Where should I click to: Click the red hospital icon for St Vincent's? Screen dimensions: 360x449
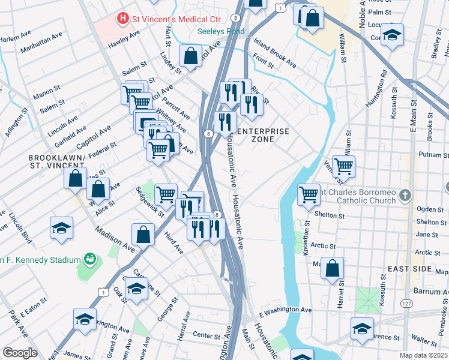click(x=123, y=19)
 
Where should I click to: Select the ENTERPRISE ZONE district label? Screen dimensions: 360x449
click(x=263, y=135)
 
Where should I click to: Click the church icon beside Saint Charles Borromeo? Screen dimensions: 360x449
click(x=406, y=196)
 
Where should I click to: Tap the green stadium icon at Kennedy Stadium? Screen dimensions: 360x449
click(x=90, y=259)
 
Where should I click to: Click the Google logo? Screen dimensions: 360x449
click(x=20, y=353)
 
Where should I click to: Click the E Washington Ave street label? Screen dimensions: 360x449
click(x=285, y=310)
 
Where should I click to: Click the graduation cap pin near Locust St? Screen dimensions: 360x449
click(x=392, y=34)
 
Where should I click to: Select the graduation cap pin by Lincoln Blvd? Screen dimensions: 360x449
click(x=61, y=228)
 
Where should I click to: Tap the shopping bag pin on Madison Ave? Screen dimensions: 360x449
click(x=143, y=235)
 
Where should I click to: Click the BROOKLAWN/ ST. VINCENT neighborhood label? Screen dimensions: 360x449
click(x=56, y=161)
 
